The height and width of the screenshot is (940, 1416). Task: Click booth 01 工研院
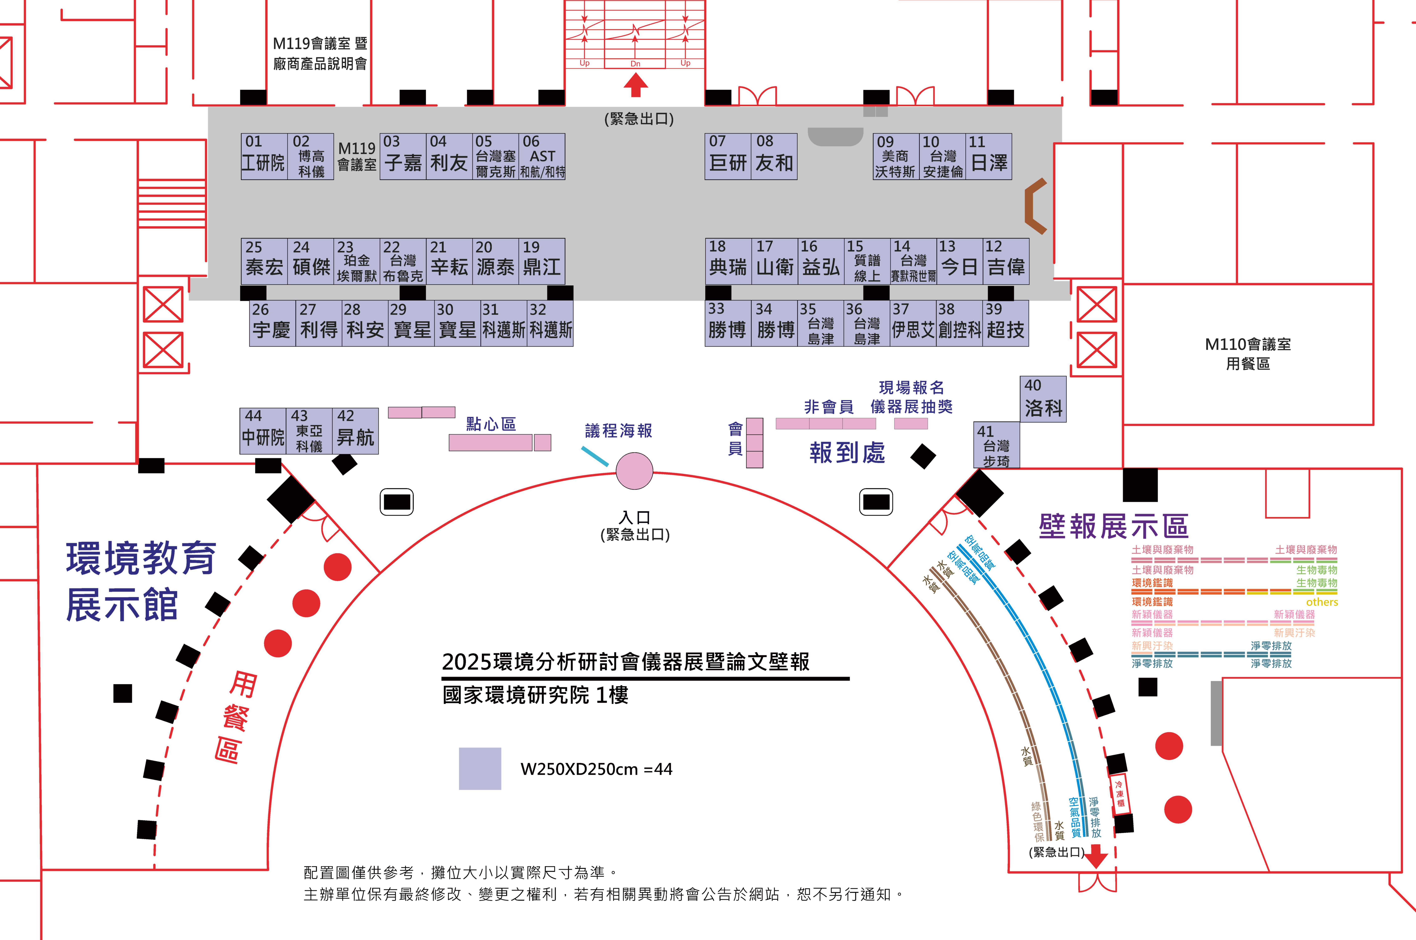click(264, 157)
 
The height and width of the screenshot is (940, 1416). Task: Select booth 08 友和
click(774, 157)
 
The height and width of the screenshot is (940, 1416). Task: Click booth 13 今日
click(959, 261)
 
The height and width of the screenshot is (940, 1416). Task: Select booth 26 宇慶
click(272, 324)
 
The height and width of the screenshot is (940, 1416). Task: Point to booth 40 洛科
click(1043, 399)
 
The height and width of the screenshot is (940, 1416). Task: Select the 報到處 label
click(847, 453)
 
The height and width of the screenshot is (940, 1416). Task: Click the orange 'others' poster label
click(1321, 602)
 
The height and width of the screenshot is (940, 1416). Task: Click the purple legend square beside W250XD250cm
click(480, 769)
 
